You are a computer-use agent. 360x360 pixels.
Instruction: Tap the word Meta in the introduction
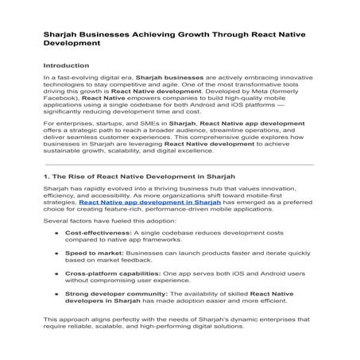coord(238,91)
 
